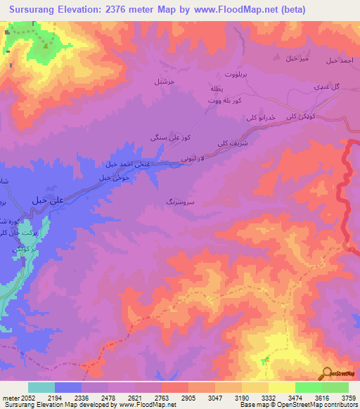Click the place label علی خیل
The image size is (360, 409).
point(49,200)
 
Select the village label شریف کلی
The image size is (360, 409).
point(241,139)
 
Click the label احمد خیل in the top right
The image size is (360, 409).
point(342,61)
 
